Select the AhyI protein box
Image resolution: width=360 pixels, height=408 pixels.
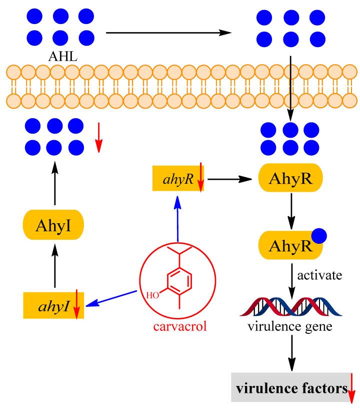[x=52, y=231]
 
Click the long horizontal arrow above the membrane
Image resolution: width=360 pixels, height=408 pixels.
[x=169, y=33]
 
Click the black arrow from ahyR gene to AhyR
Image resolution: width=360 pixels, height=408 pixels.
[x=229, y=179]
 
